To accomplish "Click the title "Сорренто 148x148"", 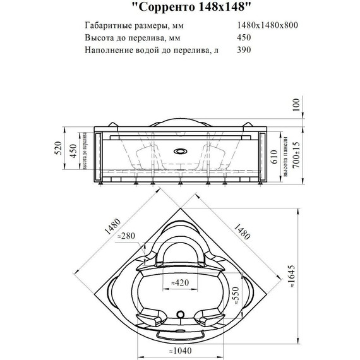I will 180,9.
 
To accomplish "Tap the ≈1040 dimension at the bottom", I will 181,349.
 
